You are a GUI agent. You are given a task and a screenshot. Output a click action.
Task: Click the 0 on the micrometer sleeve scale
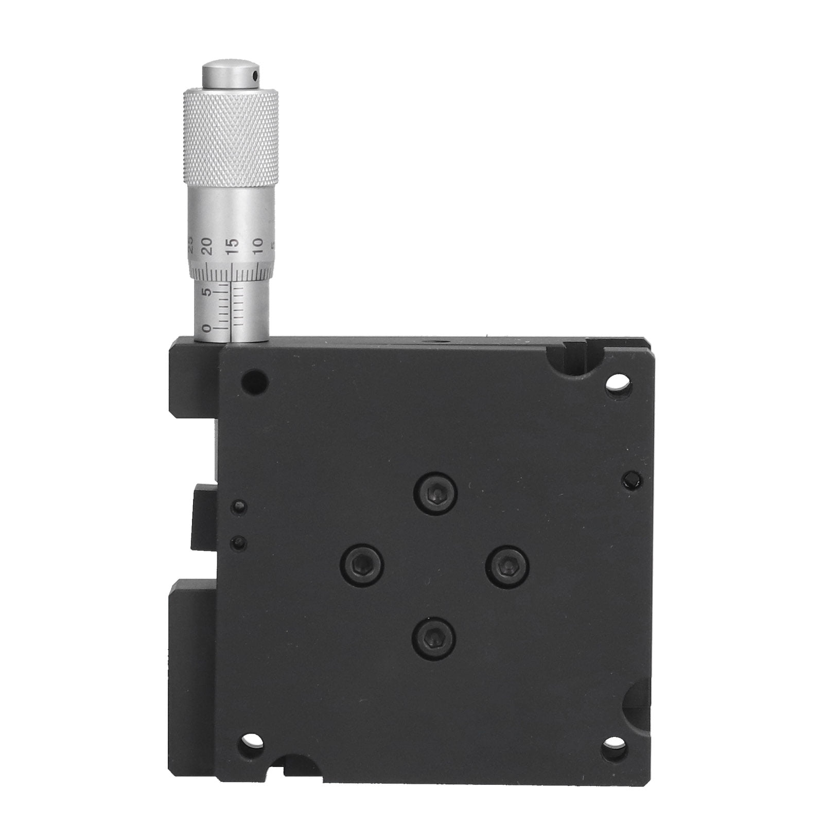coord(207,328)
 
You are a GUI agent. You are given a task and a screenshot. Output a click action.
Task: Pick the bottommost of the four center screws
coord(434,638)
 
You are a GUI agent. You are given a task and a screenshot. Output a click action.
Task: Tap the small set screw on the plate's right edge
coord(630,481)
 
